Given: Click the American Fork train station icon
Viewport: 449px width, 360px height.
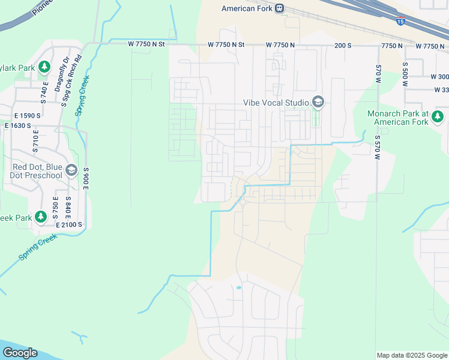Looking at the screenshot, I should pyautogui.click(x=280, y=8).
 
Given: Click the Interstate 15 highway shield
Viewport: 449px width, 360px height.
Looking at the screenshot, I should pyautogui.click(x=400, y=21).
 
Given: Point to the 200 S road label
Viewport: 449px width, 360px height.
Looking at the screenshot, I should pyautogui.click(x=342, y=46).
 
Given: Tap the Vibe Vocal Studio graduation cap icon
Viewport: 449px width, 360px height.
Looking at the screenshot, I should pyautogui.click(x=318, y=103).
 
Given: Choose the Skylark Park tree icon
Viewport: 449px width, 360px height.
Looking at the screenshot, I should pyautogui.click(x=44, y=67).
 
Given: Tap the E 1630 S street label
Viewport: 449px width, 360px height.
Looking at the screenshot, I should pyautogui.click(x=22, y=125).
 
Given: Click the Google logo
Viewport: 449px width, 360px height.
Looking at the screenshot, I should pyautogui.click(x=20, y=353).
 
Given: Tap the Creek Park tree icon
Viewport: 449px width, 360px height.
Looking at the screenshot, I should pyautogui.click(x=41, y=216).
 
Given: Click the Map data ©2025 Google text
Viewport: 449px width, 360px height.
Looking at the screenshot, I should pyautogui.click(x=411, y=355).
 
